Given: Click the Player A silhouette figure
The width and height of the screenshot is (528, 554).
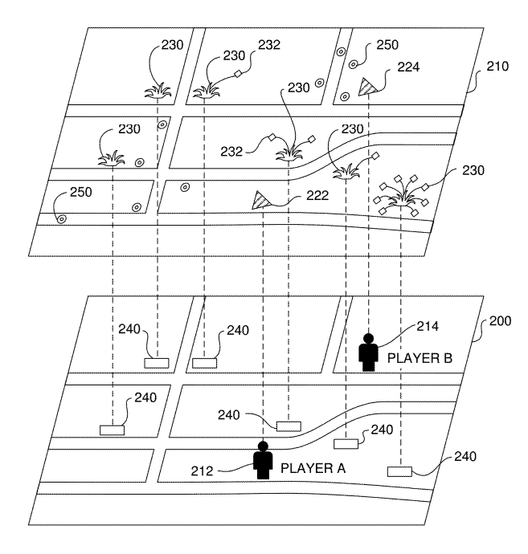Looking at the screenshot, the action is pyautogui.click(x=263, y=460).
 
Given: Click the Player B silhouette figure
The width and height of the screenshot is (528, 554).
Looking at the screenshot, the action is pyautogui.click(x=369, y=352).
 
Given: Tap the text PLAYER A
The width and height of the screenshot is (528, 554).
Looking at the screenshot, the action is pyautogui.click(x=313, y=468).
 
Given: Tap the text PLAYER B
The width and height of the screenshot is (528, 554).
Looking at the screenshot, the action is pyautogui.click(x=420, y=358).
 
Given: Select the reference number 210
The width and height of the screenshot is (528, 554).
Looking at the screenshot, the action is pyautogui.click(x=497, y=66).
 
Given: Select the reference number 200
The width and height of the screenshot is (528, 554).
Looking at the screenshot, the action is pyautogui.click(x=500, y=321).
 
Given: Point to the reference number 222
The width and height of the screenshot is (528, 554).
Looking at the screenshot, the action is pyautogui.click(x=317, y=195).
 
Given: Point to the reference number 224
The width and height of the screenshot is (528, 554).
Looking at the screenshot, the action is pyautogui.click(x=408, y=67).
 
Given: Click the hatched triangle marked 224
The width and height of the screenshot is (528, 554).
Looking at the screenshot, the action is pyautogui.click(x=368, y=87).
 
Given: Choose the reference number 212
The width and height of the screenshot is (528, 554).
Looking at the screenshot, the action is pyautogui.click(x=202, y=471).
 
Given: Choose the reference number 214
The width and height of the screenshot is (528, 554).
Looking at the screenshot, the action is pyautogui.click(x=428, y=326).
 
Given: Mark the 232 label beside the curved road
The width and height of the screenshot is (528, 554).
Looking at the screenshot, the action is pyautogui.click(x=231, y=152).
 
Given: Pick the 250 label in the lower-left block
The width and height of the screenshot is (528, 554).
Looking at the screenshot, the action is pyautogui.click(x=81, y=192).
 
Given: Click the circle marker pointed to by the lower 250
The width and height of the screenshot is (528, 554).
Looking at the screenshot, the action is pyautogui.click(x=62, y=219).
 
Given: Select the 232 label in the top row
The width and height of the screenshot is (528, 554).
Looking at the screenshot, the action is pyautogui.click(x=269, y=44).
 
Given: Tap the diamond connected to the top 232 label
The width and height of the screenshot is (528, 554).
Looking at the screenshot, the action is pyautogui.click(x=238, y=74).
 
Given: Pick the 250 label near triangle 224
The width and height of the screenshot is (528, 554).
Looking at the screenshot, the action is pyautogui.click(x=387, y=45).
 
